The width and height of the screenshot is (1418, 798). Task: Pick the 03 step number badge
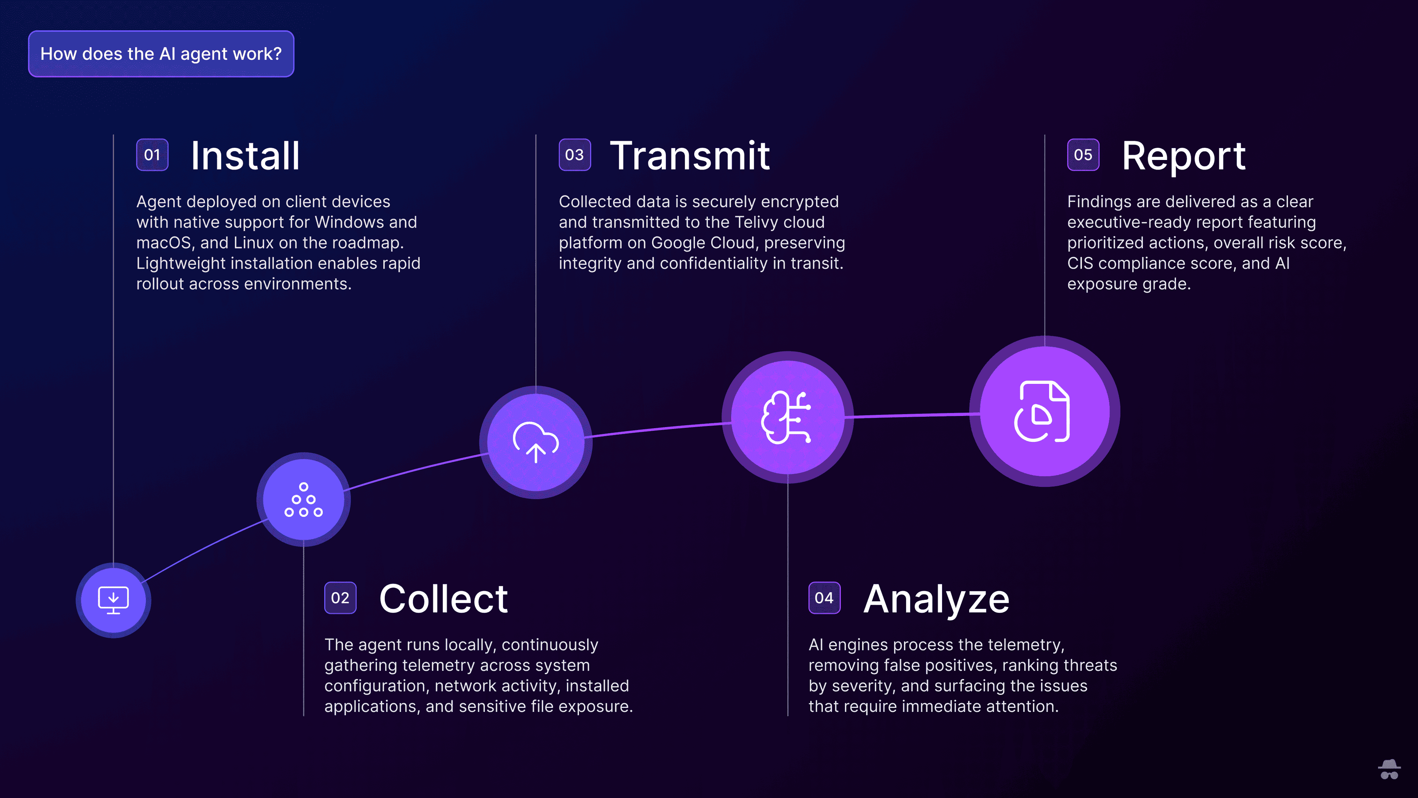pos(575,155)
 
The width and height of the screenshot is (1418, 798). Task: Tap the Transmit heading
pos(690,156)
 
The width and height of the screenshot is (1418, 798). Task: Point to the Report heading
pos(1184,157)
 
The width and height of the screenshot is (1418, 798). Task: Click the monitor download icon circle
pos(113,600)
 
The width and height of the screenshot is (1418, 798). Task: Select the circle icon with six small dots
pos(303,499)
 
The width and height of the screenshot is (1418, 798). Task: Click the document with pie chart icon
pos(1042,412)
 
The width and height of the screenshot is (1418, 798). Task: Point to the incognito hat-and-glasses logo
pos(1389,769)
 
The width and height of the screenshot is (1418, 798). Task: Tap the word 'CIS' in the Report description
pos(1080,263)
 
